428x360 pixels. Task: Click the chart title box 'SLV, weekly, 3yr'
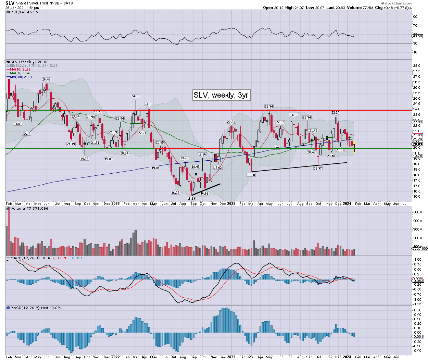[221, 95]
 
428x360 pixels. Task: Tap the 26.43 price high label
[46, 79]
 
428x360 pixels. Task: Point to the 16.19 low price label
[191, 199]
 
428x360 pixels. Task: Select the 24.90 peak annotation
[135, 96]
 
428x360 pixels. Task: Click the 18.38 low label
[251, 175]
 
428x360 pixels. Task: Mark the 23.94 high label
[269, 107]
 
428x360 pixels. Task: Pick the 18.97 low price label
[318, 169]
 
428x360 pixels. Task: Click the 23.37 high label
[336, 113]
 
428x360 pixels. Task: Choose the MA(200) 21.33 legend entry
[21, 77]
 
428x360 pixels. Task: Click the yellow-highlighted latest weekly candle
[354, 147]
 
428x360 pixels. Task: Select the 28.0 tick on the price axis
[417, 66]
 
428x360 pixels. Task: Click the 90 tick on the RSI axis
[415, 17]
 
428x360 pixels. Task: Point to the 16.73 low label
[175, 193]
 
